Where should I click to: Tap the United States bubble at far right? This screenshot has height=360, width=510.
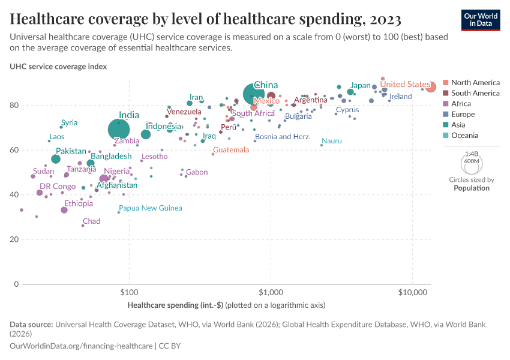pyautogui.click(x=430, y=88)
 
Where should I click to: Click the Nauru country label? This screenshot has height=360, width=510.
pyautogui.click(x=332, y=140)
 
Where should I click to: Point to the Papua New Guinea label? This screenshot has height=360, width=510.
pyautogui.click(x=151, y=208)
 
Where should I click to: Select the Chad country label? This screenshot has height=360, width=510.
pyautogui.click(x=91, y=221)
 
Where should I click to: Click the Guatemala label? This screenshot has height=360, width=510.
pyautogui.click(x=230, y=149)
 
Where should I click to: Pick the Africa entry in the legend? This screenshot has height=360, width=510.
pyautogui.click(x=461, y=104)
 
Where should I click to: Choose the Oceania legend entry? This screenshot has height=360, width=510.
pyautogui.click(x=464, y=136)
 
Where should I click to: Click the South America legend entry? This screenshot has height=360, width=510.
pyautogui.click(x=475, y=93)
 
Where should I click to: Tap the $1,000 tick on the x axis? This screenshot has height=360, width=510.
pyautogui.click(x=271, y=293)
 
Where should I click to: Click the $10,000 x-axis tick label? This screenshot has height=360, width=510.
pyautogui.click(x=412, y=293)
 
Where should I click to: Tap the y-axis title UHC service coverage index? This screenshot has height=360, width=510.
pyautogui.click(x=58, y=67)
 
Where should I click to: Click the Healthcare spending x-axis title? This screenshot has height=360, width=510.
pyautogui.click(x=226, y=305)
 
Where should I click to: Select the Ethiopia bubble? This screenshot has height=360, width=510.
pyautogui.click(x=64, y=210)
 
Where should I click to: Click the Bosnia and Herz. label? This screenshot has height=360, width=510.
pyautogui.click(x=282, y=137)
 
